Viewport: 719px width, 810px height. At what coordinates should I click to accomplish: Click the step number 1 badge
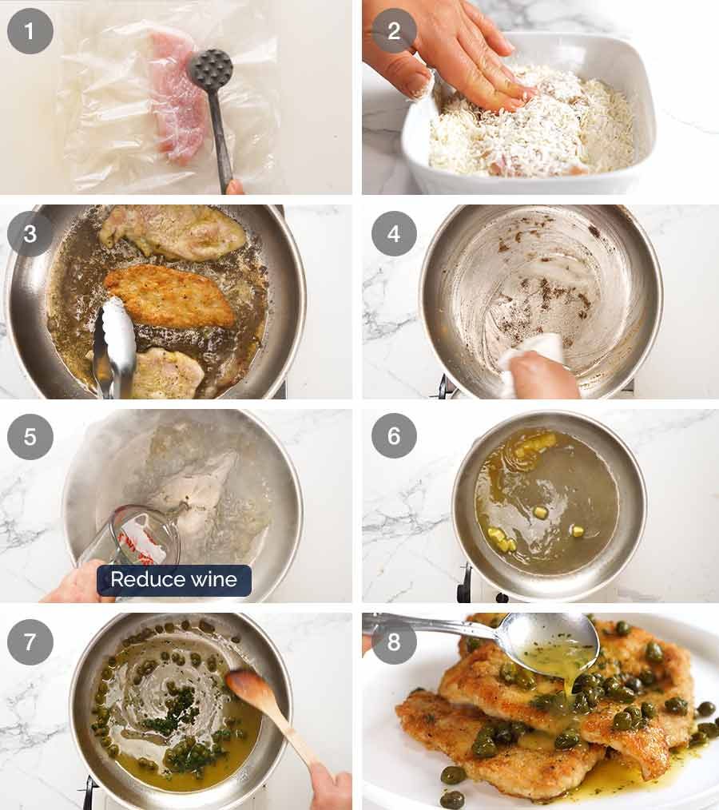tap(30, 31)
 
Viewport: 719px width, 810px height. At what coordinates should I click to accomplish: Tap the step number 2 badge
tap(394, 31)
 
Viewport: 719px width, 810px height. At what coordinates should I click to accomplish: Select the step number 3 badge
tap(30, 234)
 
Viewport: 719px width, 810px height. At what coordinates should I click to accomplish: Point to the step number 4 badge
tap(394, 234)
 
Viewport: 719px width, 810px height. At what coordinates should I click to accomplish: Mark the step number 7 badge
tap(30, 642)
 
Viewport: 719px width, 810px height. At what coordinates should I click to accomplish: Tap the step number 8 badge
tap(394, 642)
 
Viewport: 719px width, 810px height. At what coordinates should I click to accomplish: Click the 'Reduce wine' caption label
tap(174, 580)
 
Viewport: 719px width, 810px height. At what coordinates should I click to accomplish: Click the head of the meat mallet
tap(210, 70)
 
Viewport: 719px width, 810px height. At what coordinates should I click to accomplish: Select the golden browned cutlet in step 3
tap(169, 296)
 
